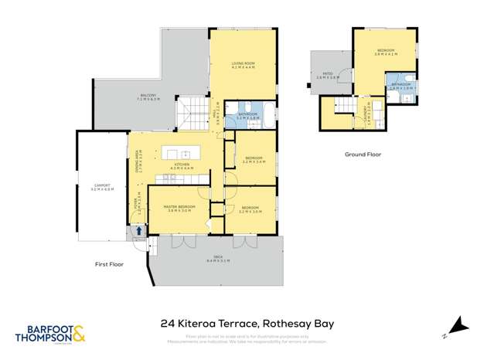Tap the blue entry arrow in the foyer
click(x=139, y=230)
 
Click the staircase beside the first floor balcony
click(x=188, y=114)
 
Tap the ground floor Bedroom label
click(x=384, y=53)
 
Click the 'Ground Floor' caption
click(x=363, y=155)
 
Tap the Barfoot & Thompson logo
click(x=51, y=333)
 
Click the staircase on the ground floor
click(x=339, y=107)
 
